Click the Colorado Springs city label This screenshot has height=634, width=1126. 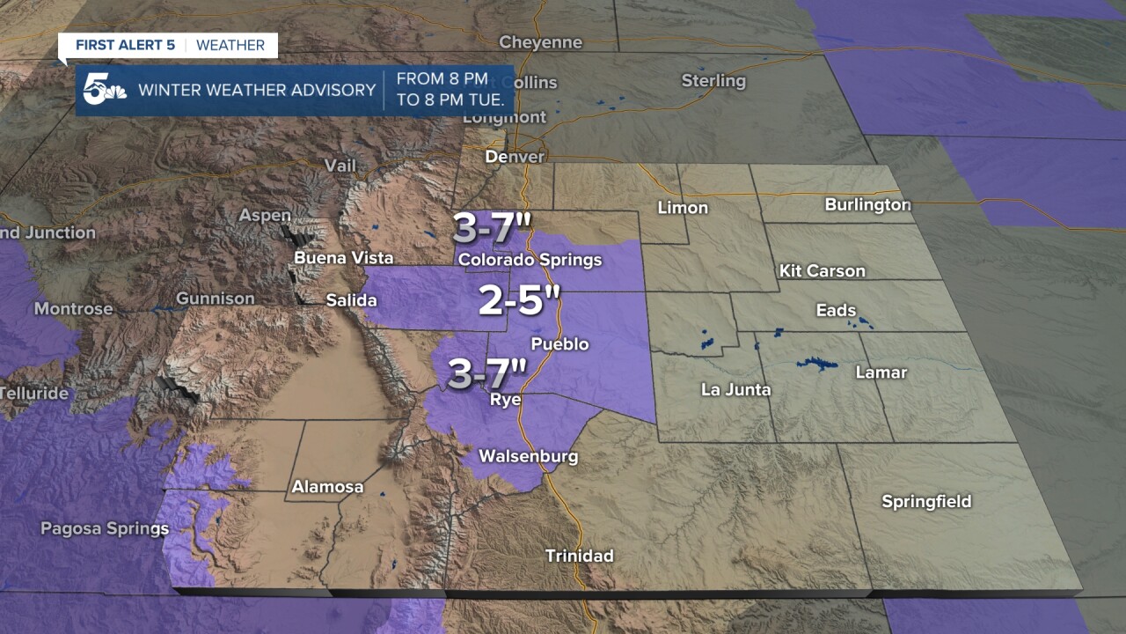click(x=530, y=260)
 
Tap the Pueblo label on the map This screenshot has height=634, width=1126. click(x=559, y=343)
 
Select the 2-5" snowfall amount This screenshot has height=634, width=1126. click(x=519, y=301)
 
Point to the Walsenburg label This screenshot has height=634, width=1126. click(x=528, y=456)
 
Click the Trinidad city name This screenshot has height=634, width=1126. click(x=579, y=556)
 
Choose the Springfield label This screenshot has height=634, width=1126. click(x=926, y=501)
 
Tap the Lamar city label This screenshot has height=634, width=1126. click(x=881, y=372)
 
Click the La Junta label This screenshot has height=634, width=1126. click(x=735, y=389)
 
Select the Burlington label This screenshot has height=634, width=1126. click(x=867, y=204)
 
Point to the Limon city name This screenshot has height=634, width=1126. click(x=683, y=208)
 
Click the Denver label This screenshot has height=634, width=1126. click(x=515, y=157)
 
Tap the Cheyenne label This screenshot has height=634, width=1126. click(x=540, y=42)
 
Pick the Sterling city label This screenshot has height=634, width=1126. click(x=713, y=81)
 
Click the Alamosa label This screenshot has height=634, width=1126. click(x=327, y=487)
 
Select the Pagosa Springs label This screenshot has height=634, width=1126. click(x=104, y=528)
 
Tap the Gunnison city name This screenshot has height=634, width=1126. click(x=215, y=299)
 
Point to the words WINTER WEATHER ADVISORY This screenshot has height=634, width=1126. click(x=257, y=90)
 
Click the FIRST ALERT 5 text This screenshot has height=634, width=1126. click(x=125, y=45)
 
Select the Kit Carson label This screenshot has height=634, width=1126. click(x=822, y=270)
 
